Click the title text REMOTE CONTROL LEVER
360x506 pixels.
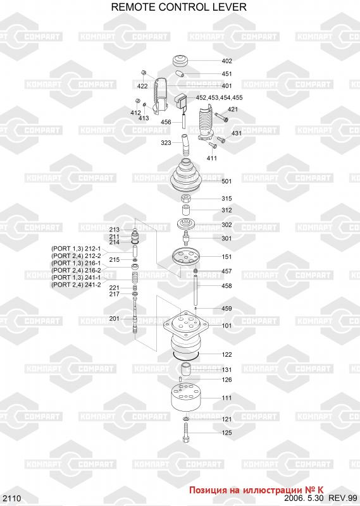[x=178, y=7]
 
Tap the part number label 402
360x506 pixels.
[x=227, y=61]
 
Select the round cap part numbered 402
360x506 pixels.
[x=181, y=60]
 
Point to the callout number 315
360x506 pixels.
[x=227, y=199]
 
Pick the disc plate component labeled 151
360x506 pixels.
[x=186, y=257]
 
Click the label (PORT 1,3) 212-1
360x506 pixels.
[x=76, y=249]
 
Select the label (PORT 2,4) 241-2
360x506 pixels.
[x=76, y=285]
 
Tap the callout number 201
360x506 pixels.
[x=115, y=319]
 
